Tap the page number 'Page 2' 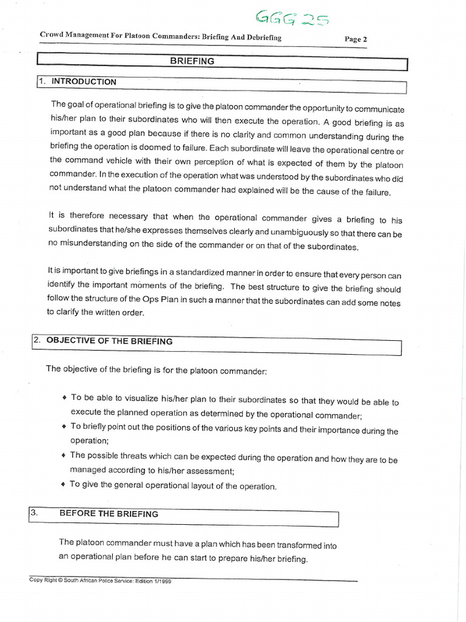[356, 39]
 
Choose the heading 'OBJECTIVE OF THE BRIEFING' [109, 341]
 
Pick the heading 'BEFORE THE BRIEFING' [109, 514]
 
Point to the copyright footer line [101, 580]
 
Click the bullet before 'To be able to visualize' [64, 398]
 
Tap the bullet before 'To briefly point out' [64, 427]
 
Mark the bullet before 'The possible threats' [64, 456]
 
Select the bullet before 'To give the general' [64, 485]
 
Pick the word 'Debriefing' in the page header [259, 38]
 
